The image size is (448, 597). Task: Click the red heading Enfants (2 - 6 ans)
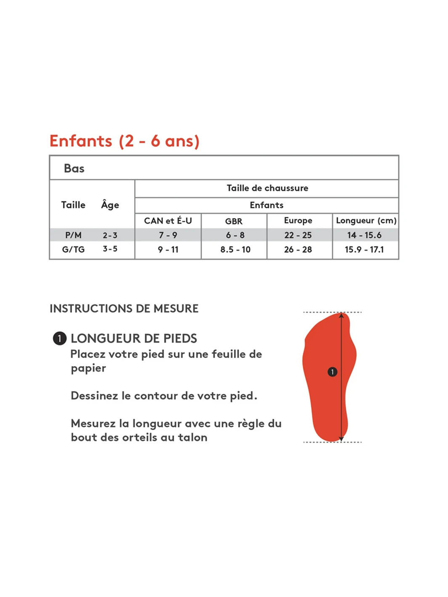125,141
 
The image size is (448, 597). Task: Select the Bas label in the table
74,169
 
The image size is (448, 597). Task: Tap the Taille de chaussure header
267,188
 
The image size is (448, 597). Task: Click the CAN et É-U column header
168,221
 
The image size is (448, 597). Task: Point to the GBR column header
234,221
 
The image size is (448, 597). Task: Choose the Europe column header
298,221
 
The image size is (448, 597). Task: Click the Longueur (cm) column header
366,221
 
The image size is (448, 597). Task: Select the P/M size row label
73,235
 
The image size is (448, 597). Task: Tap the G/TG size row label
73,249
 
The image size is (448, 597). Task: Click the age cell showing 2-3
110,235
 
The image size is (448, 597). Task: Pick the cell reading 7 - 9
168,235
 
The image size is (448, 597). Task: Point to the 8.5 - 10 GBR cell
235,249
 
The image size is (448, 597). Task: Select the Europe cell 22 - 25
298,235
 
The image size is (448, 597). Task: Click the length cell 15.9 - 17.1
364,249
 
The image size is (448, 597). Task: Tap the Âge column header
110,205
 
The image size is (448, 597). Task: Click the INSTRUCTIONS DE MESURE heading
124,309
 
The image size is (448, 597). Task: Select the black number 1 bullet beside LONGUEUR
60,338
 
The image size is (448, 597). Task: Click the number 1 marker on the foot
332,372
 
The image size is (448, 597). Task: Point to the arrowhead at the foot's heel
342,439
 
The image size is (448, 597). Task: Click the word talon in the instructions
193,438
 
